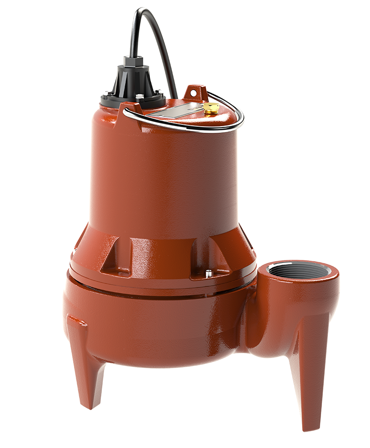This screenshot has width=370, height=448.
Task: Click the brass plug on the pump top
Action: pyautogui.click(x=211, y=108)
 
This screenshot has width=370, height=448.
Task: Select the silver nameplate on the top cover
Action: pyautogui.click(x=176, y=110)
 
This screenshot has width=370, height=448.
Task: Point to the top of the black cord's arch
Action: pyautogui.click(x=147, y=11)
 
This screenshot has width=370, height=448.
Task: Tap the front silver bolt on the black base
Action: pyautogui.click(x=138, y=97)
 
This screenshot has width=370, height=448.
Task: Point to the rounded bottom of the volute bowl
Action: pyautogui.click(x=157, y=356)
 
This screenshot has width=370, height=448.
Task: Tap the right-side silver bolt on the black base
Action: pyautogui.click(x=159, y=92)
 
